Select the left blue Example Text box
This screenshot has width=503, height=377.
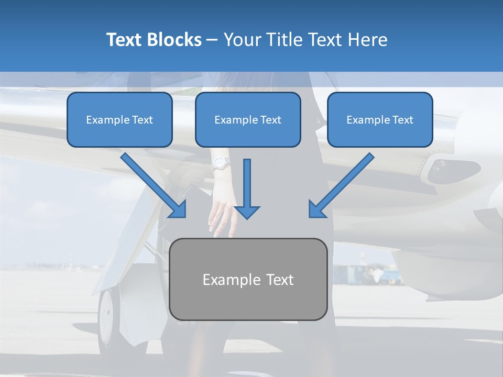(x=119, y=119)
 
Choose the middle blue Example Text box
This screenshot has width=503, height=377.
(x=248, y=119)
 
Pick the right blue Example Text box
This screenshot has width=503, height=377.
(x=380, y=119)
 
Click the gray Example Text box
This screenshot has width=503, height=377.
(x=248, y=279)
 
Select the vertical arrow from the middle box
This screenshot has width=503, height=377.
(x=247, y=188)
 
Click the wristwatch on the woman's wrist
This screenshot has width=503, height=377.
(x=221, y=163)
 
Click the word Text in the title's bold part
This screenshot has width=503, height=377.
(x=124, y=40)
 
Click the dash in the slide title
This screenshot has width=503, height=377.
(x=213, y=40)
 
